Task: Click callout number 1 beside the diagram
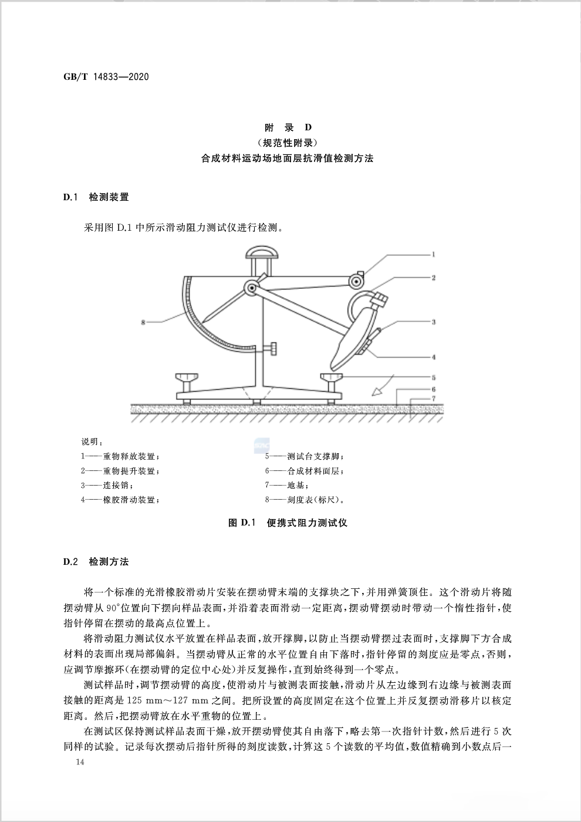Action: point(433,255)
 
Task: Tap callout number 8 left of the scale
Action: point(143,322)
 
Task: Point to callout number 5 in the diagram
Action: point(433,378)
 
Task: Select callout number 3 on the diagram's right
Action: point(433,322)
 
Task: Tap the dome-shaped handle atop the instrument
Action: point(262,253)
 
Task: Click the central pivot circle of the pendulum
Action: point(252,288)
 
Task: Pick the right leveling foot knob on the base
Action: point(332,378)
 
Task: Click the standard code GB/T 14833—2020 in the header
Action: point(106,76)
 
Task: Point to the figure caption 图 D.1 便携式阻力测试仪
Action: point(288,523)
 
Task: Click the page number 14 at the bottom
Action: point(80,762)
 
